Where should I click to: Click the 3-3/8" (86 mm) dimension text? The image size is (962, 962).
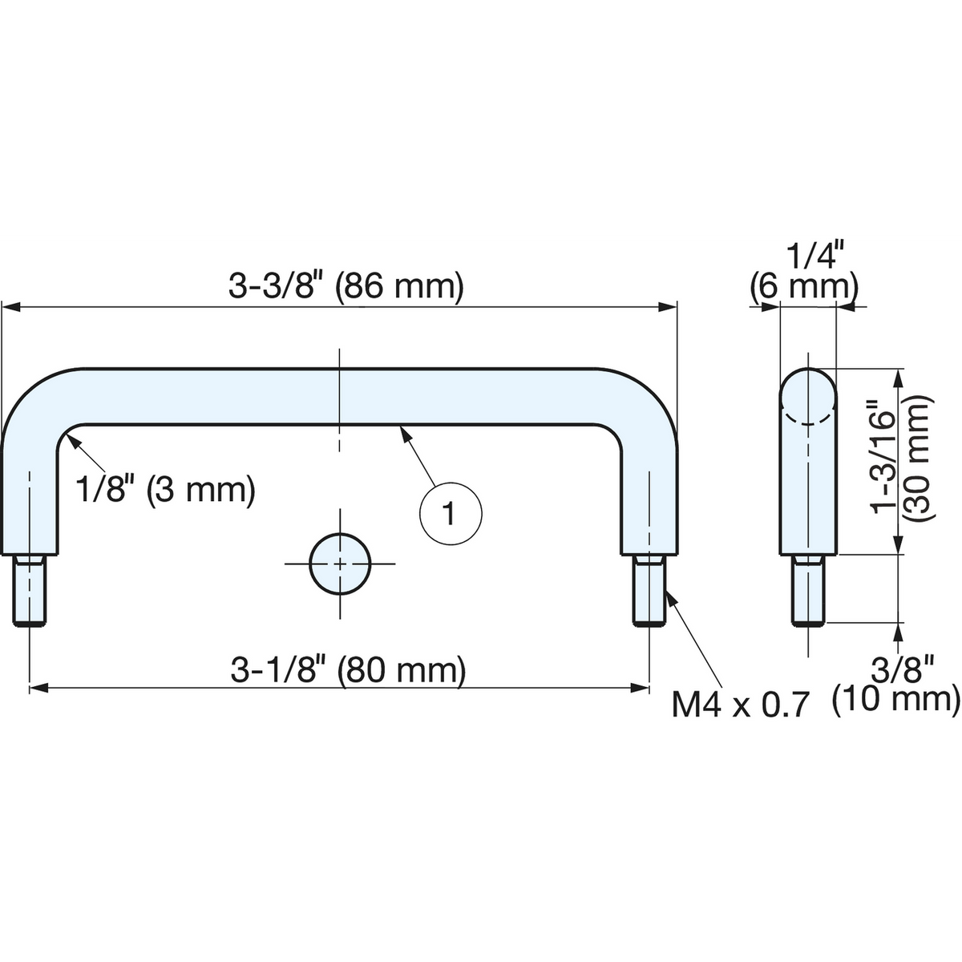[x=346, y=286]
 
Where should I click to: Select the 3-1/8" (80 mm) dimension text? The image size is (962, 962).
[x=348, y=670]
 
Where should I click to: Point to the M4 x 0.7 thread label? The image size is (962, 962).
[x=740, y=705]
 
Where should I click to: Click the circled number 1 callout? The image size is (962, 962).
[x=451, y=514]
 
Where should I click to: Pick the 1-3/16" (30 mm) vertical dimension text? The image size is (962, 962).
[x=900, y=458]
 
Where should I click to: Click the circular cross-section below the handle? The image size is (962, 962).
[x=340, y=564]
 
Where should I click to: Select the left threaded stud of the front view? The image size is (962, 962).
[x=30, y=591]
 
